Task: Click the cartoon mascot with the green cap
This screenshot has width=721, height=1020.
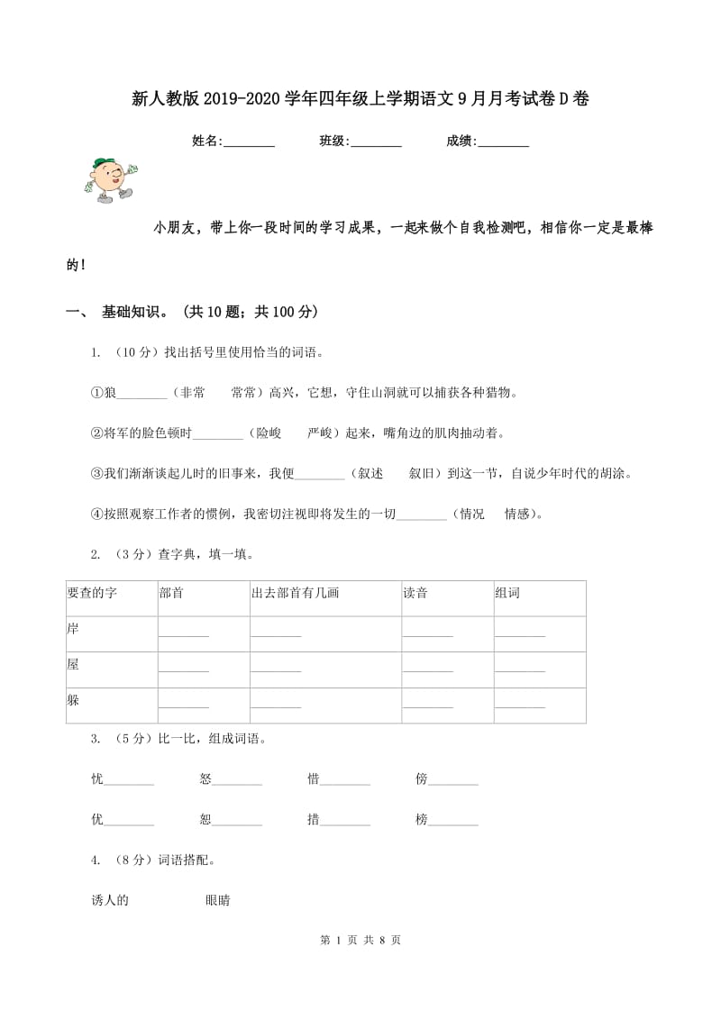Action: point(107,179)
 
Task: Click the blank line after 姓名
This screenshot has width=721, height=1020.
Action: point(249,142)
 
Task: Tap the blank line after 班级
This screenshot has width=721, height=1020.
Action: point(376,142)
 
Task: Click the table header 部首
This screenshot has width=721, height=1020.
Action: point(170,593)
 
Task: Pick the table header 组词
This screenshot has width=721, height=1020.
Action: point(507,593)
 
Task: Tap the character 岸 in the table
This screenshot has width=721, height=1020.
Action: point(73,627)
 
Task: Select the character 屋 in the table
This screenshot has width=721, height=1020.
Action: point(73,664)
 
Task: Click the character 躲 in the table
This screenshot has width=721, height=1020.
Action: point(73,700)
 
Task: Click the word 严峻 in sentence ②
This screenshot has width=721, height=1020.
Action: point(320,433)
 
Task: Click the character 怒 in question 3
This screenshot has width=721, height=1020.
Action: point(205,779)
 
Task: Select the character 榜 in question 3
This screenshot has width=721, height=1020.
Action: point(421,820)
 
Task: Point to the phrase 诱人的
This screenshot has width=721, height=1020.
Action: point(110,900)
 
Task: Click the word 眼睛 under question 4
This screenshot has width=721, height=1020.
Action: point(218,900)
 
